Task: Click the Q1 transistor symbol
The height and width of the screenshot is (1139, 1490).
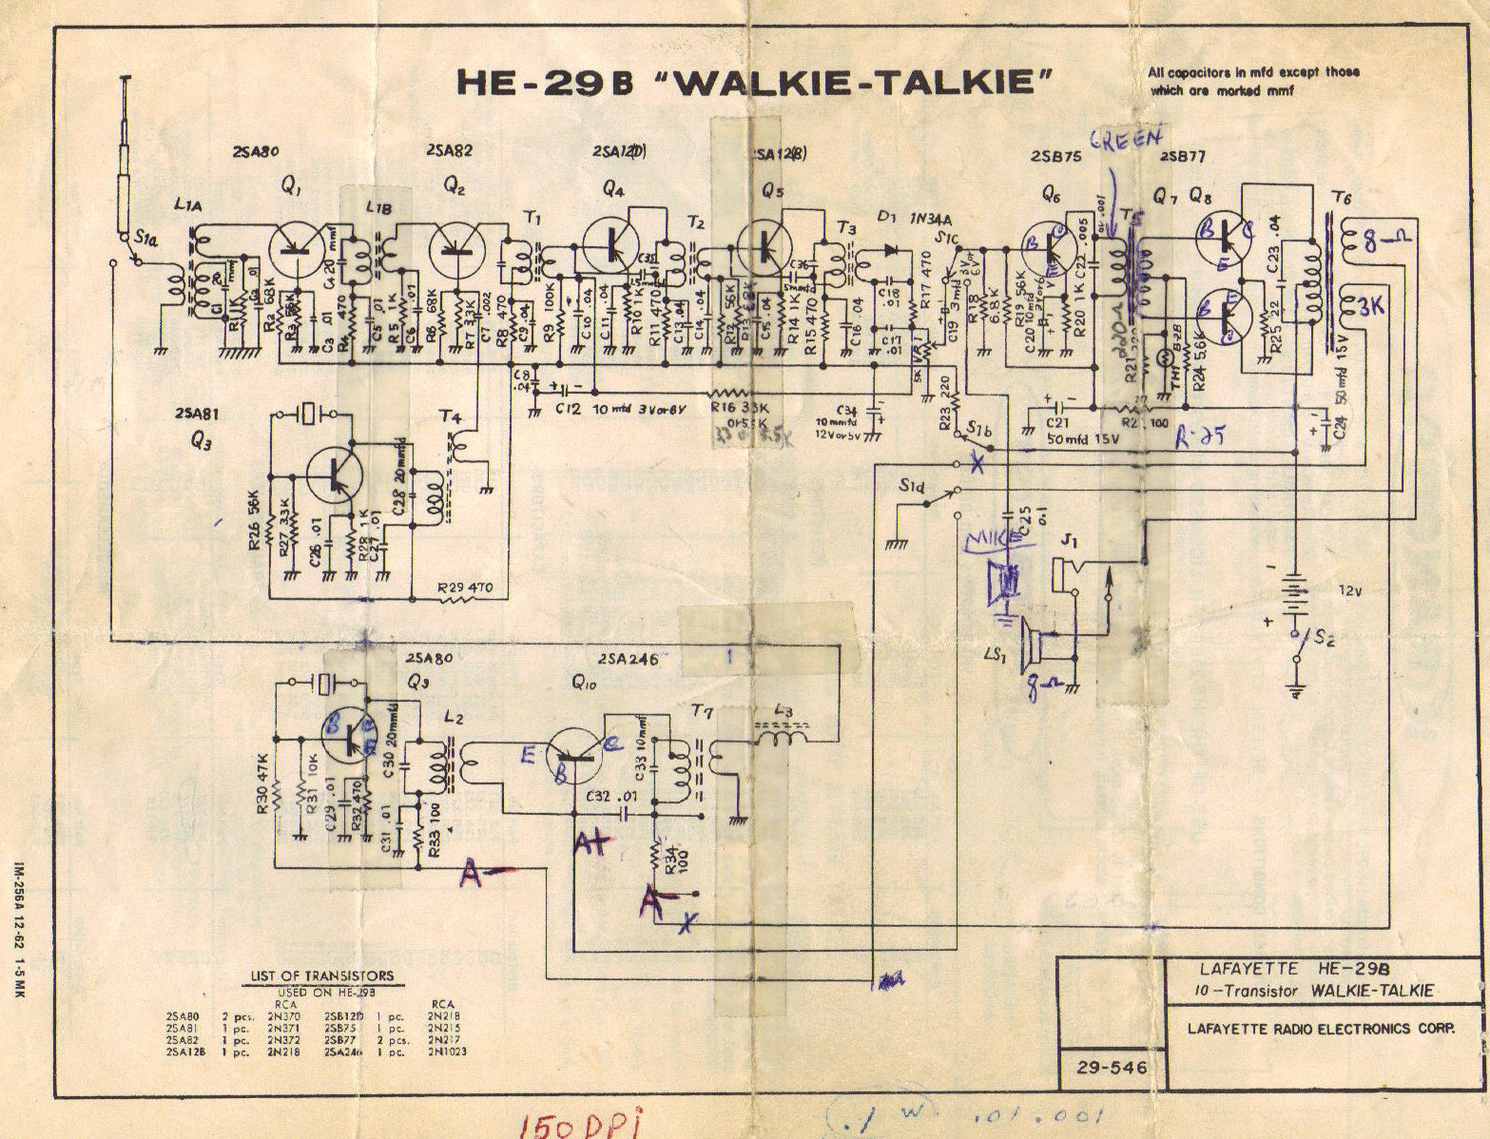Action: tap(296, 249)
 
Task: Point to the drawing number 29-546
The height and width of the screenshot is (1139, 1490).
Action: tap(1113, 1068)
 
